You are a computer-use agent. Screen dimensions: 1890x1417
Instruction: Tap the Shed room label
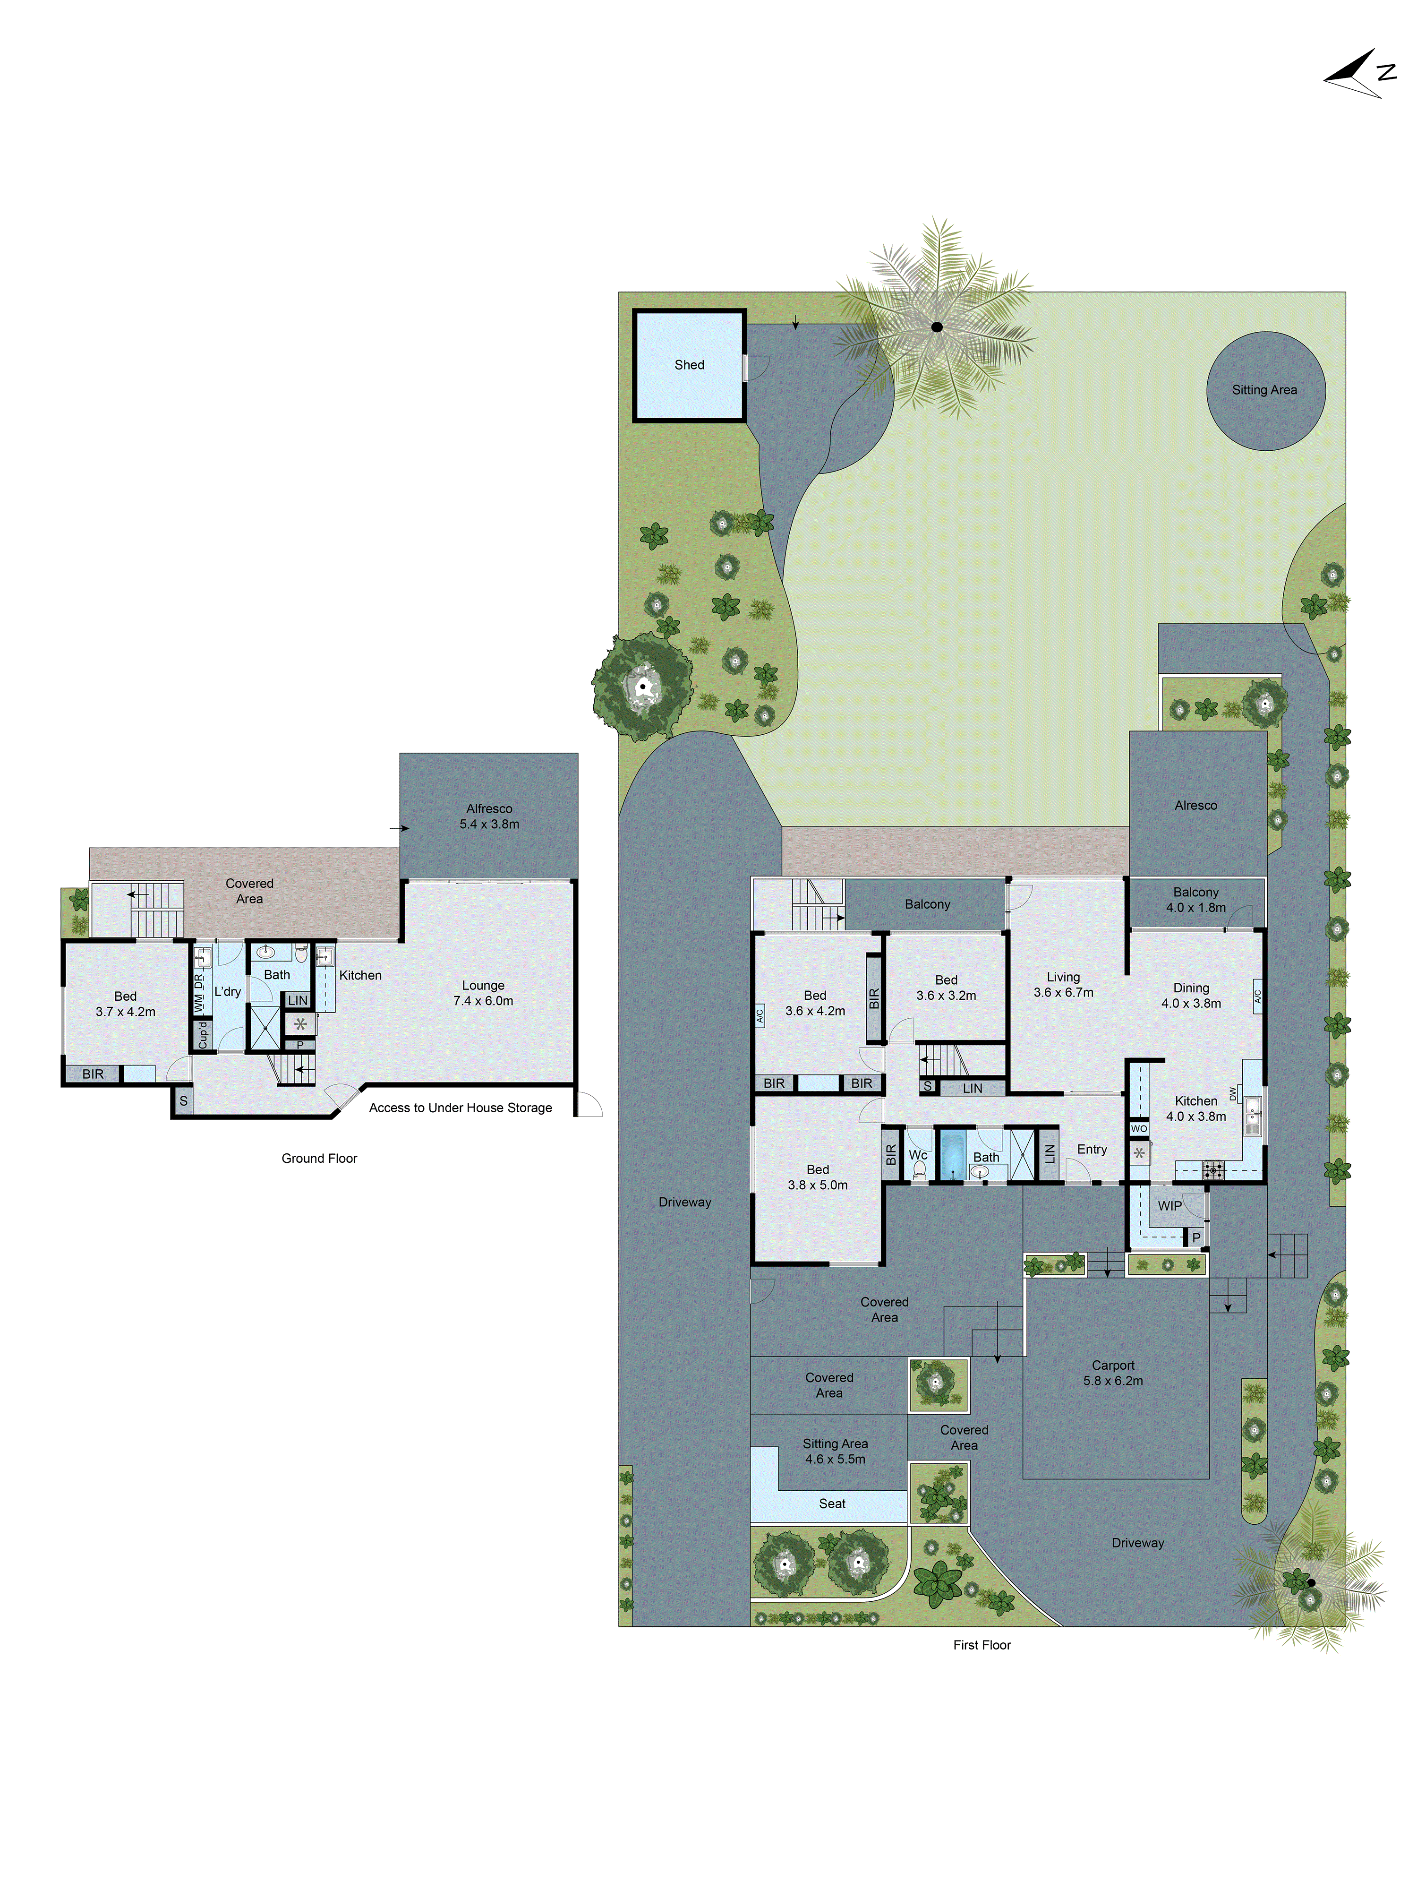pos(689,365)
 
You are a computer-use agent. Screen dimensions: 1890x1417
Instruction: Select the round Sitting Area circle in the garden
pos(1265,390)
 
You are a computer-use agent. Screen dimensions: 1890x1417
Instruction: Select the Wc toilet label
pos(917,1154)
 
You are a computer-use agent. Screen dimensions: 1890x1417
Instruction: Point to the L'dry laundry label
pos(227,991)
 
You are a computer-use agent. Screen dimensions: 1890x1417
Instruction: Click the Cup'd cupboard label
pos(203,1034)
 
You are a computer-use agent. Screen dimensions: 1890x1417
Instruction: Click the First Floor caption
pos(982,1645)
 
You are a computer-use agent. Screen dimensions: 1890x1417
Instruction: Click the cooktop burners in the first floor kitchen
pos(1213,1170)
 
